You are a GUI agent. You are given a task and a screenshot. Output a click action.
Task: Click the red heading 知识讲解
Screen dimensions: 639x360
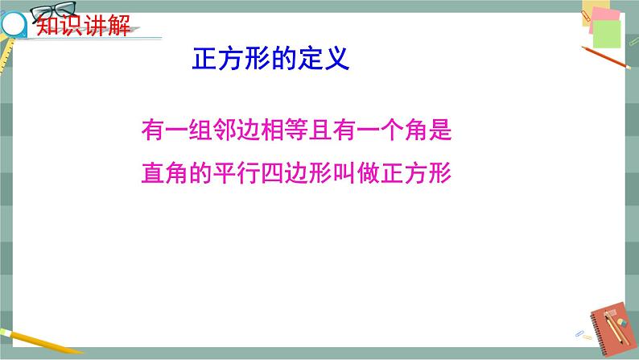pos(83,25)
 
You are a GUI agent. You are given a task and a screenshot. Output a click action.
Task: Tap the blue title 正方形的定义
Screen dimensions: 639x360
pos(270,59)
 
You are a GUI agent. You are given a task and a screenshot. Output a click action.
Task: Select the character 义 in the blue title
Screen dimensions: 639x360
pos(336,59)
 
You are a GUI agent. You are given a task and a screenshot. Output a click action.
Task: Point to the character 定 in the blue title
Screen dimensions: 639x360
pos(311,59)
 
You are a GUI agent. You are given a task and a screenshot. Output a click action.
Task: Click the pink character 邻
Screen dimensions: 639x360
pos(225,130)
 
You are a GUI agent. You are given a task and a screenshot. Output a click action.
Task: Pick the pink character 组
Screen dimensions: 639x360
pos(200,130)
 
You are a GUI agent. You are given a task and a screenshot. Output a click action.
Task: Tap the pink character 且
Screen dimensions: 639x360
pos(320,130)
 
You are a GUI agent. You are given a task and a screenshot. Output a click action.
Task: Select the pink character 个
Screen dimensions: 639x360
pos(392,130)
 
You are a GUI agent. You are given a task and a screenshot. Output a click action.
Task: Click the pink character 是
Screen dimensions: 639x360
pos(440,130)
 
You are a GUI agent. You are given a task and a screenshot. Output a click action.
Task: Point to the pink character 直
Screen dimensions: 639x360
pos(153,173)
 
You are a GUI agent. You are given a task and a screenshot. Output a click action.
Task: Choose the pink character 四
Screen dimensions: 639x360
pos(272,173)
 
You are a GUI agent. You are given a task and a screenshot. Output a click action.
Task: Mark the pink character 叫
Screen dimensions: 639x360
pos(344,173)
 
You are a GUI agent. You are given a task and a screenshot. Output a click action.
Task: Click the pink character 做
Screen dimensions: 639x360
pos(369,173)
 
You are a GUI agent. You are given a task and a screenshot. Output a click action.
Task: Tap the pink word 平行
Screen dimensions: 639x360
pos(237,173)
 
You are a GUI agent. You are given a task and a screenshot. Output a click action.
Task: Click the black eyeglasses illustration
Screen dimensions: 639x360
pos(54,11)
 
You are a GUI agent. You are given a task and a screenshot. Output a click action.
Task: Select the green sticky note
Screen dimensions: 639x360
pos(607,35)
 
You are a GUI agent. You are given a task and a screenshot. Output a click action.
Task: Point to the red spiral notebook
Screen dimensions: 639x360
pos(612,329)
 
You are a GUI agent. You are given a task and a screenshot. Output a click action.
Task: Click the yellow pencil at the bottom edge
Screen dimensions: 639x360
pos(41,341)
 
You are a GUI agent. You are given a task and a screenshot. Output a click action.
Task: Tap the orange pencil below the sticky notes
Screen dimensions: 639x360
pos(606,57)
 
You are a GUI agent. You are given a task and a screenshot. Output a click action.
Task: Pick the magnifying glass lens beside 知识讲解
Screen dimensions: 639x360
pos(13,24)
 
